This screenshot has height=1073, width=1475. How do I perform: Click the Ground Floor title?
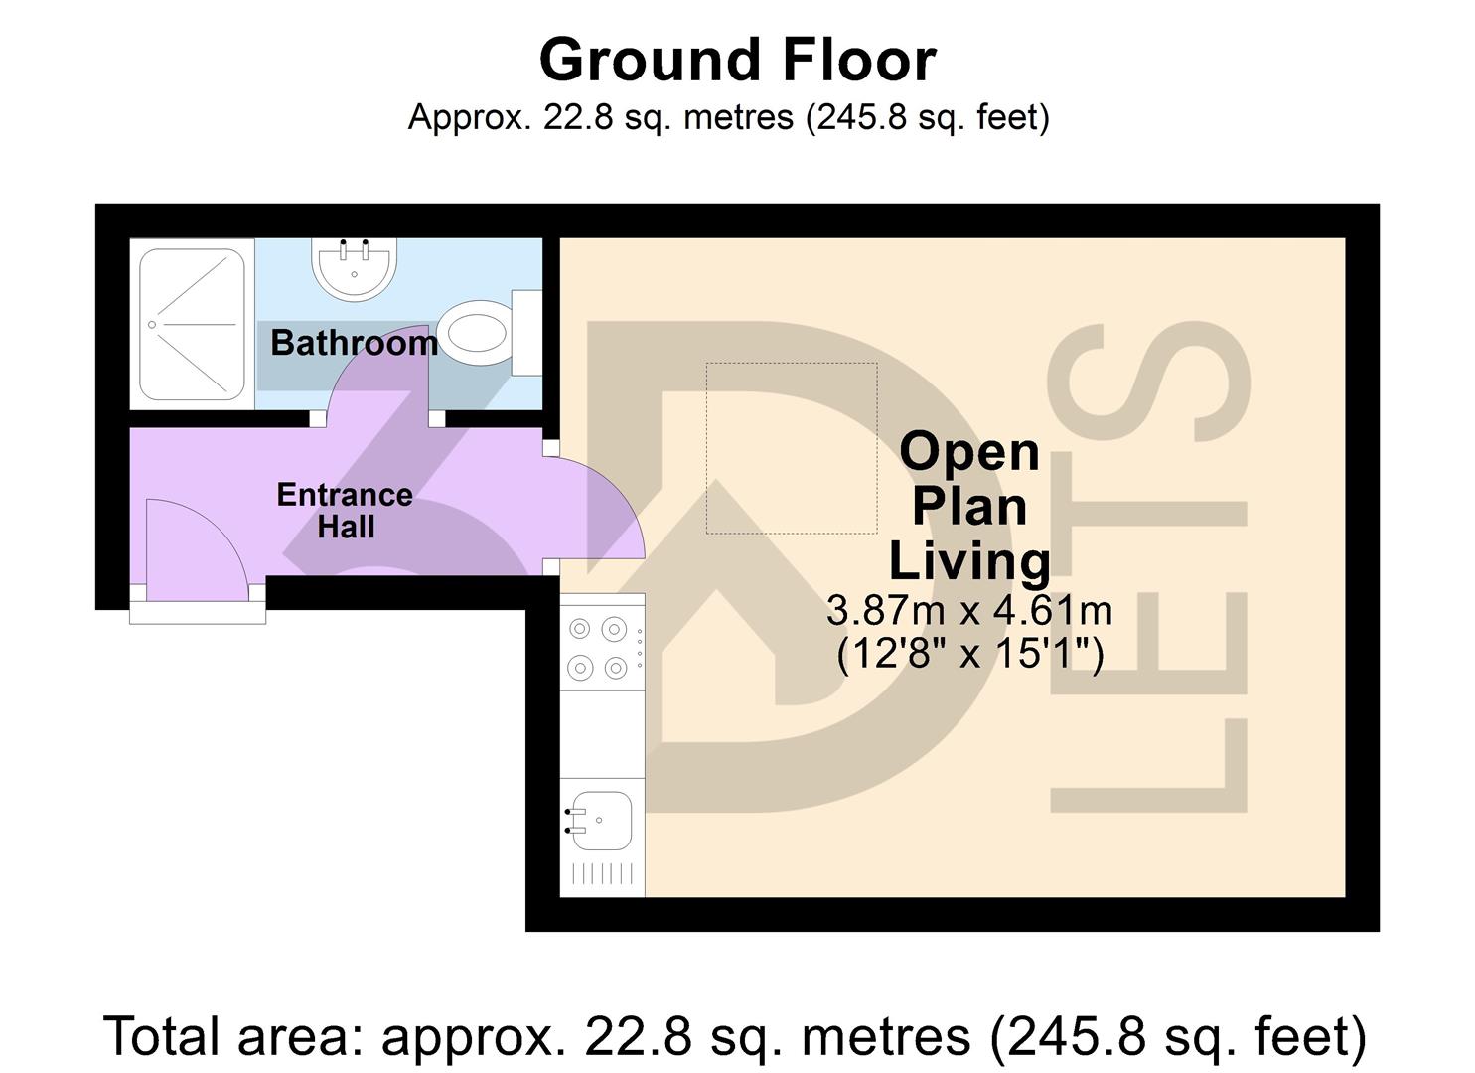[737, 60]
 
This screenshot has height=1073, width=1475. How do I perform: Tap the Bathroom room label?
[354, 343]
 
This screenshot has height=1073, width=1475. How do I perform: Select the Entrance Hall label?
[344, 510]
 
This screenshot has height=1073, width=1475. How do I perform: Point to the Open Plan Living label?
[969, 506]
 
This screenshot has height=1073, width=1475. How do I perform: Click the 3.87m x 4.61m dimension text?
[969, 610]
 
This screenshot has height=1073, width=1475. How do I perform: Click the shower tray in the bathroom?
[192, 324]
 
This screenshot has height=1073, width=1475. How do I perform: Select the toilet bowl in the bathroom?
[473, 332]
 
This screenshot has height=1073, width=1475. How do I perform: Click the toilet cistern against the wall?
[525, 332]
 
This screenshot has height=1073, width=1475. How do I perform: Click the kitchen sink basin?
[602, 821]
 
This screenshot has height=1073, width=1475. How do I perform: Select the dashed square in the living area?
[791, 447]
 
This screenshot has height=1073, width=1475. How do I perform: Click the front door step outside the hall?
[198, 614]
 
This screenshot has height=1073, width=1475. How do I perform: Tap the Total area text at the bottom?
[735, 1036]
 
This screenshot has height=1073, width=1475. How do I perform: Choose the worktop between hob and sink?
[602, 735]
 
